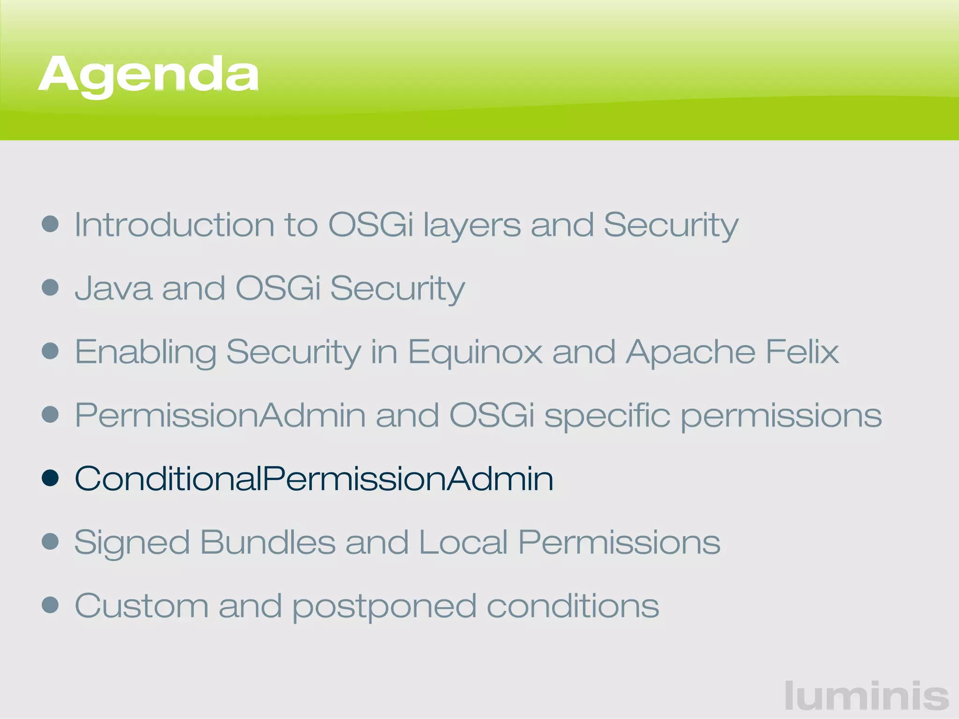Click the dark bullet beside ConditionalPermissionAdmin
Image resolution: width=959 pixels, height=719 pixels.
click(x=50, y=478)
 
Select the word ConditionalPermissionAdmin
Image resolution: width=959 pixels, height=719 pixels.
click(x=314, y=479)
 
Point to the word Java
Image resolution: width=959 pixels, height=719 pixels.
click(x=113, y=288)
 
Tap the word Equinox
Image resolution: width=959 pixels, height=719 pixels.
click(x=475, y=352)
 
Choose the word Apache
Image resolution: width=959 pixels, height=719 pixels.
click(x=691, y=352)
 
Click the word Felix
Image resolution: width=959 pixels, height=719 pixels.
click(x=802, y=352)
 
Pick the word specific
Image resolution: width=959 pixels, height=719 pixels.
click(x=607, y=416)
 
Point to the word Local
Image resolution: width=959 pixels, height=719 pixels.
click(x=463, y=543)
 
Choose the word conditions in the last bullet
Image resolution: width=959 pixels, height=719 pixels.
click(x=573, y=606)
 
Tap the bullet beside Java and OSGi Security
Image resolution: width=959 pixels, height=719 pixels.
click(x=50, y=287)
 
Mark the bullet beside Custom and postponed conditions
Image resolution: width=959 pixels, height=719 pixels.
click(x=50, y=605)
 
